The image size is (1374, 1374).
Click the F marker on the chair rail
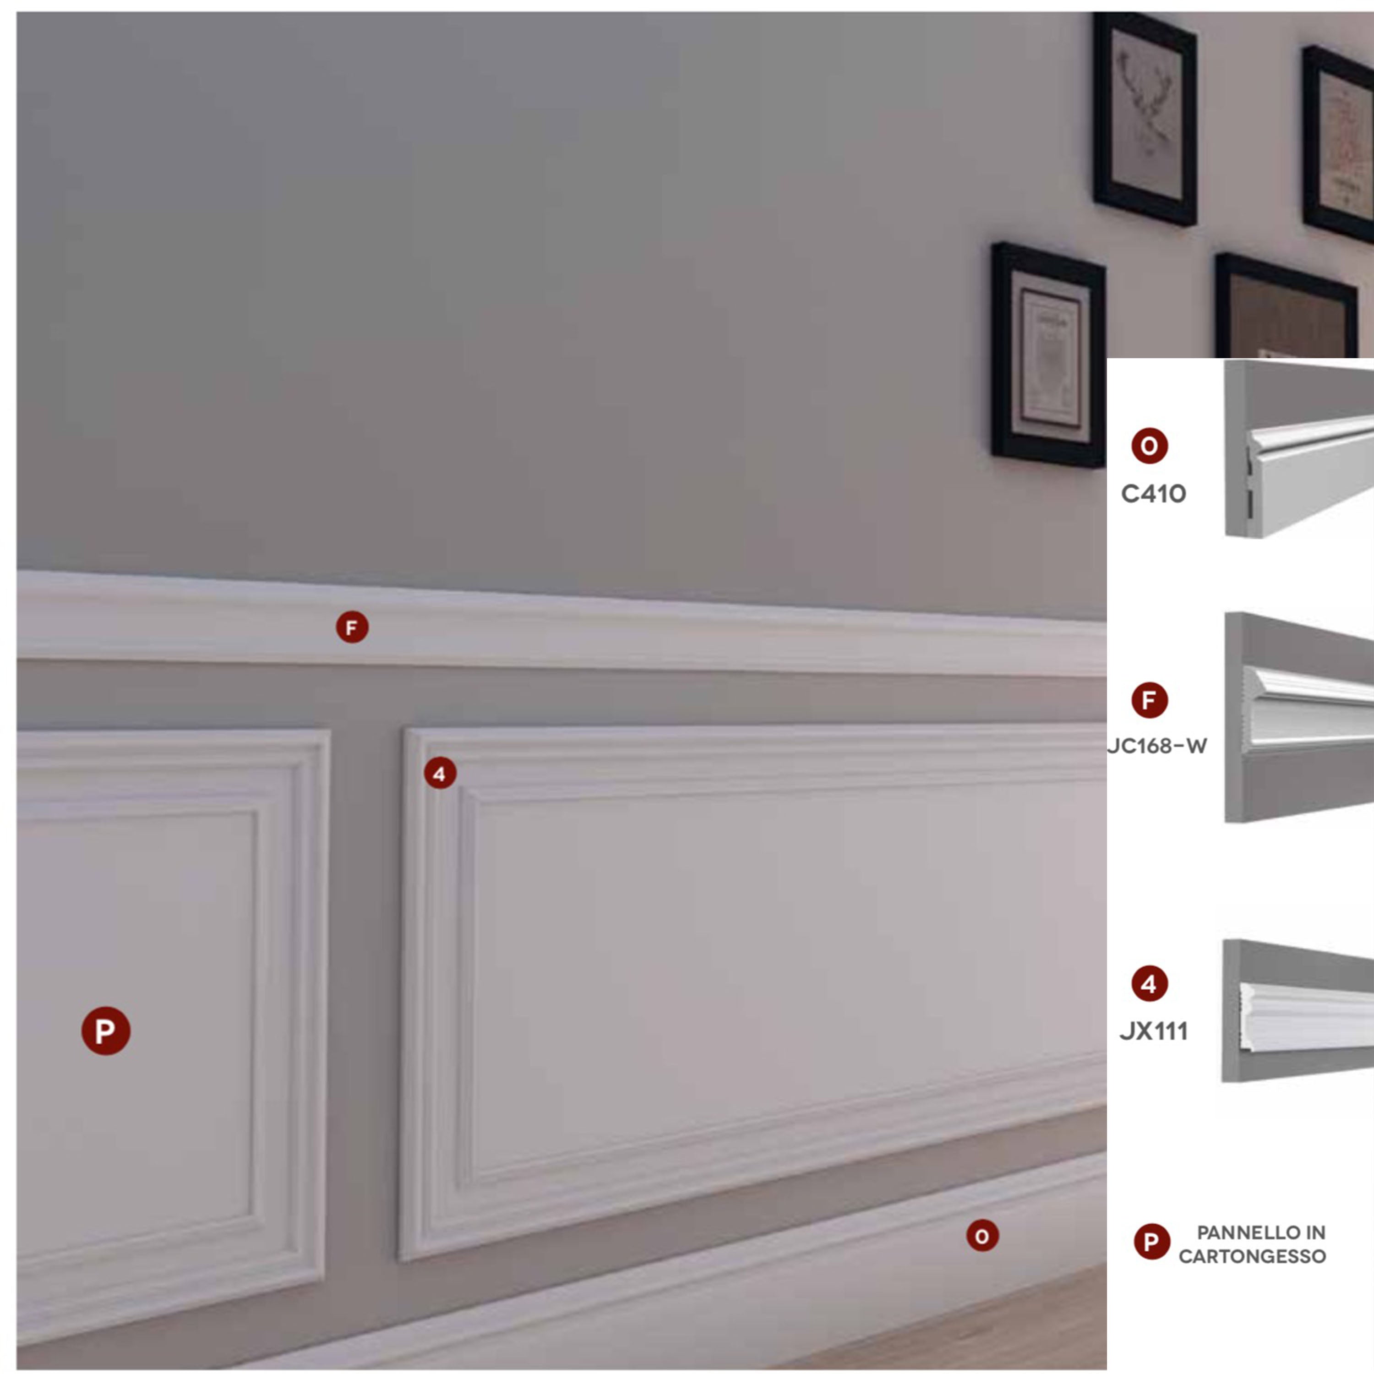(x=352, y=627)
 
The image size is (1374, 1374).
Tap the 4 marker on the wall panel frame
(x=440, y=773)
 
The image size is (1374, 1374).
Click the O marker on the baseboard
(x=982, y=1235)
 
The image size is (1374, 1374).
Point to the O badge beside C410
(x=1149, y=446)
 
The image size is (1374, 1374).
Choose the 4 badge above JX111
(x=1149, y=984)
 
